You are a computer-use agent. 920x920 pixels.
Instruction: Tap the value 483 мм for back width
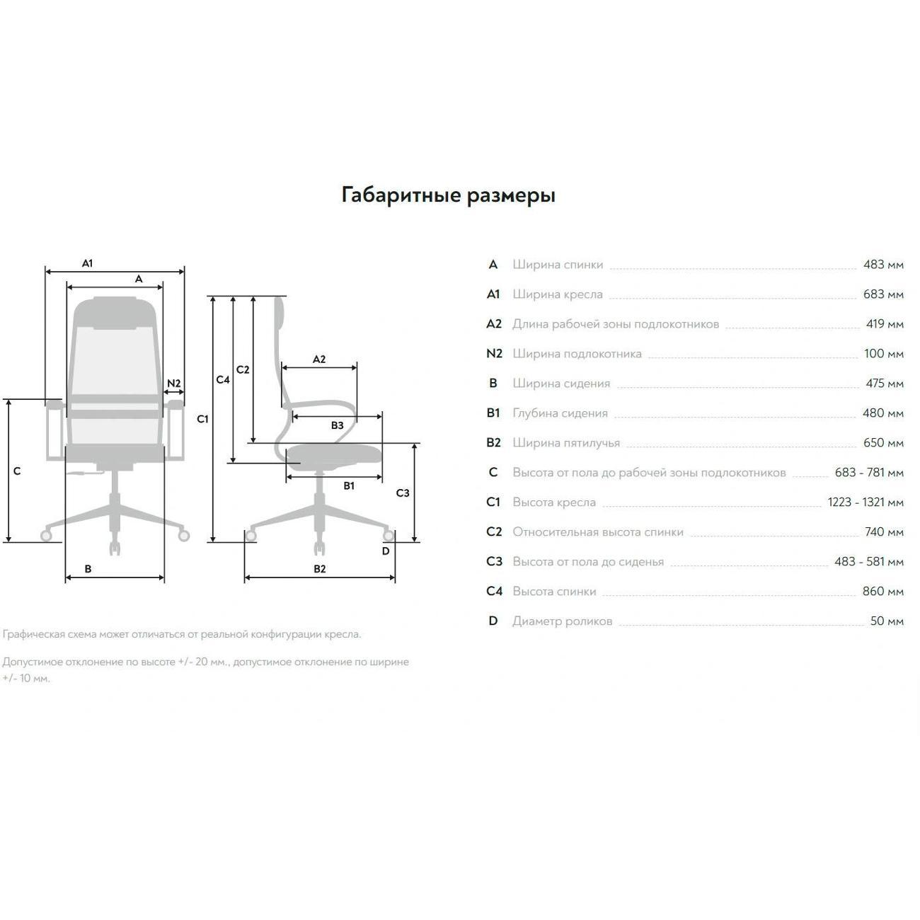tap(883, 265)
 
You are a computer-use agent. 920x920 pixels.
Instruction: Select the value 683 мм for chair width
tap(883, 294)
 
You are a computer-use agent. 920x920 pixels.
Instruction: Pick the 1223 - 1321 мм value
tap(866, 502)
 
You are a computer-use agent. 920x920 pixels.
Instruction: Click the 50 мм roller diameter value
tap(887, 621)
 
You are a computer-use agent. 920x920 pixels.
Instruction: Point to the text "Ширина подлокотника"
tap(577, 355)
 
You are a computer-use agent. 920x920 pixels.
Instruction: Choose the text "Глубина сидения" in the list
tap(560, 413)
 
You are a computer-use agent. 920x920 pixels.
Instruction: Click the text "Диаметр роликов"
tap(563, 621)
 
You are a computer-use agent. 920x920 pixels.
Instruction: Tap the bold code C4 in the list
tap(494, 592)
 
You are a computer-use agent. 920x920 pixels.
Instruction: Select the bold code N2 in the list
tap(494, 354)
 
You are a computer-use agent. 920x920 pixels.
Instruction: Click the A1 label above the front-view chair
tap(87, 263)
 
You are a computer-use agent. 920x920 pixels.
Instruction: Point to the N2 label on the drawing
tap(174, 383)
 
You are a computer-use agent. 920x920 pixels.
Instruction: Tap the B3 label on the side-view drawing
tap(337, 425)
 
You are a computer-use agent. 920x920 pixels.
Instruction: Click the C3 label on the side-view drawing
tap(403, 493)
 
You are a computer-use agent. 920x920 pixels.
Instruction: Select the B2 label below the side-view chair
tap(319, 568)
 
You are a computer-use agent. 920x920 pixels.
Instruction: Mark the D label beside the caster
tap(386, 551)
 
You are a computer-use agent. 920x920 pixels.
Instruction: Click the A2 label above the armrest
tap(319, 359)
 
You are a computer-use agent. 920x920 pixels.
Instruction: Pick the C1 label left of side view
tap(202, 419)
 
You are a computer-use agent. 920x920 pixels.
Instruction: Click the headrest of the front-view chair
tap(115, 313)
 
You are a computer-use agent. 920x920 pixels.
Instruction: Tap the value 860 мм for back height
tap(882, 592)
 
